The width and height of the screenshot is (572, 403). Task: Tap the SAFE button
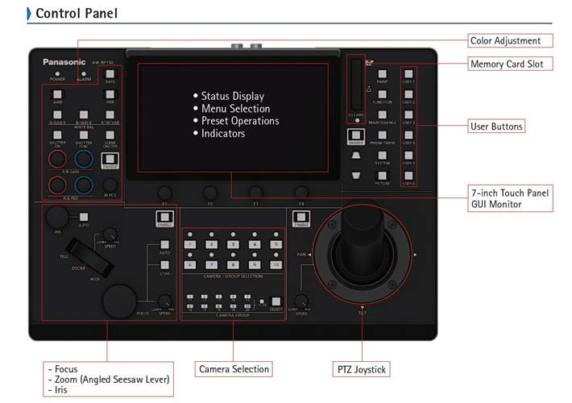click(110, 74)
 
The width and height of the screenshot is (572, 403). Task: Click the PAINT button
click(383, 74)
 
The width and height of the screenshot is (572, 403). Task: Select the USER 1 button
click(408, 74)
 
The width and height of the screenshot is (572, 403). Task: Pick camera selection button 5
click(275, 243)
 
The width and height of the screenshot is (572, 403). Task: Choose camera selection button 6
click(191, 264)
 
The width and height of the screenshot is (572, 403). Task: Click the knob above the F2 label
click(210, 192)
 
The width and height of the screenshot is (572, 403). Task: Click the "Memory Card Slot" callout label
click(510, 64)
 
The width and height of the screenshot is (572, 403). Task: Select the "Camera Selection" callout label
click(234, 369)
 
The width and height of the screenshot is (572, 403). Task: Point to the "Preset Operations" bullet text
click(240, 121)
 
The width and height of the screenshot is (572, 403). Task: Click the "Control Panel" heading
click(77, 14)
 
